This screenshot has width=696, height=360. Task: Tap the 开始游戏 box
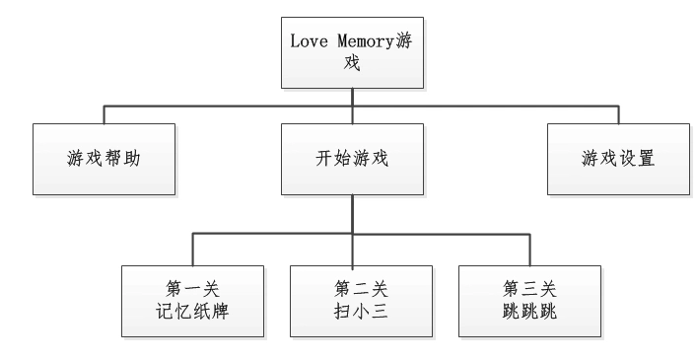351,157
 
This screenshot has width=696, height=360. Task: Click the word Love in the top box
307,42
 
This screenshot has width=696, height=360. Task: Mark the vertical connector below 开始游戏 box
351,212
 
